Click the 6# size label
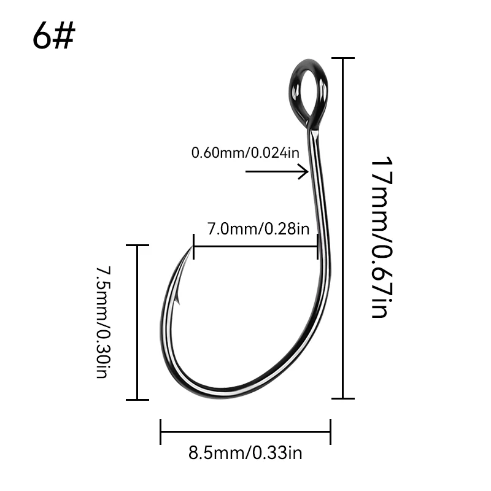pyautogui.click(x=53, y=36)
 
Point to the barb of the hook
pyautogui.click(x=177, y=298)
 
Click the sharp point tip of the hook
pyautogui.click(x=191, y=247)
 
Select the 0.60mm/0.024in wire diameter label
pyautogui.click(x=245, y=153)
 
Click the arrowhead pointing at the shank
pyautogui.click(x=304, y=172)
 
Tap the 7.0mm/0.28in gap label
pyautogui.click(x=258, y=229)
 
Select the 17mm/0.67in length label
pyautogui.click(x=381, y=237)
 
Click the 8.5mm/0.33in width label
pyautogui.click(x=245, y=453)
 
